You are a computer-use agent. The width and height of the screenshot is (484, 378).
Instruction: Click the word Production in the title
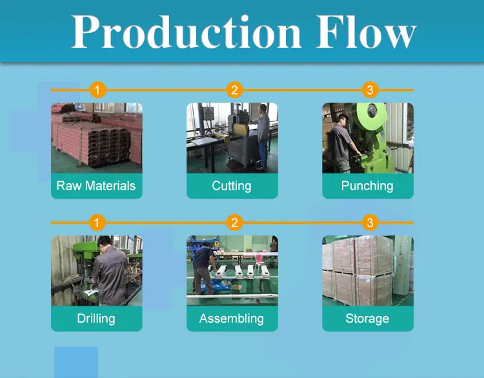[186, 30]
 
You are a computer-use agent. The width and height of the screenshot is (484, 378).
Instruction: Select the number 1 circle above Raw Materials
[97, 90]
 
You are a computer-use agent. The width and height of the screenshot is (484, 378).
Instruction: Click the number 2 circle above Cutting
[234, 90]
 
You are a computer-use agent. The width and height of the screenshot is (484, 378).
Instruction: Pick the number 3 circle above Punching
[369, 90]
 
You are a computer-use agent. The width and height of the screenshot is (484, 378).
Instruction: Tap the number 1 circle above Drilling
[97, 223]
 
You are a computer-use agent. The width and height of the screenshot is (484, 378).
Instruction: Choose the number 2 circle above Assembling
[234, 223]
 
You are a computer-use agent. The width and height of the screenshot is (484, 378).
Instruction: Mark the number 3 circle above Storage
[369, 223]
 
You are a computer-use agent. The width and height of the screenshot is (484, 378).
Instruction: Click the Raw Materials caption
[96, 186]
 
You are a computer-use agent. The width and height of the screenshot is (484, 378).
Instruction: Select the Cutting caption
[232, 186]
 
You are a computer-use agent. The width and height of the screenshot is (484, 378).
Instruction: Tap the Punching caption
[367, 186]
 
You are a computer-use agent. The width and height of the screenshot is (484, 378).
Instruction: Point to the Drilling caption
[96, 319]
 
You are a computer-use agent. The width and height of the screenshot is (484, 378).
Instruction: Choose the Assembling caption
[232, 319]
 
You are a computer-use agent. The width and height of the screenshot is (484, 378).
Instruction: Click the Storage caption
[367, 319]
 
